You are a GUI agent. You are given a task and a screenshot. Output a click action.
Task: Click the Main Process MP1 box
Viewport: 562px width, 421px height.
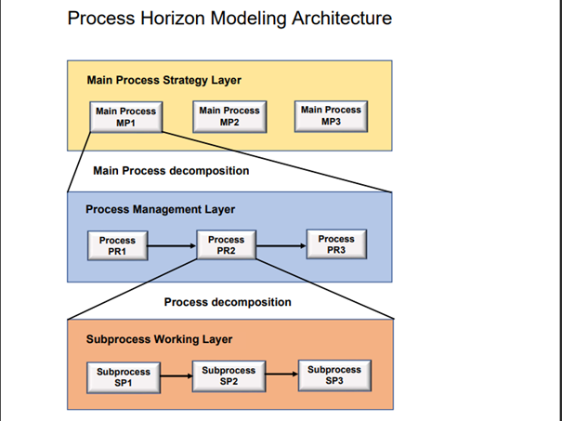[125, 117]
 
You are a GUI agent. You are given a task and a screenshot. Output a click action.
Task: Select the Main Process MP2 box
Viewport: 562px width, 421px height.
[229, 116]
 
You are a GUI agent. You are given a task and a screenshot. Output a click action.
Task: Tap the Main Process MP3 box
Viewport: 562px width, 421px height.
[331, 116]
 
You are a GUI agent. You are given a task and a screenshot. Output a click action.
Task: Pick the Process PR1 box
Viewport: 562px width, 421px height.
[118, 245]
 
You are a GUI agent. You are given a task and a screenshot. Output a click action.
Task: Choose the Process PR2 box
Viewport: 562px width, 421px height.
[227, 244]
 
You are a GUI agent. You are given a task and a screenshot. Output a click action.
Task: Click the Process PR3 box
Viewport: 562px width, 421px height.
[336, 243]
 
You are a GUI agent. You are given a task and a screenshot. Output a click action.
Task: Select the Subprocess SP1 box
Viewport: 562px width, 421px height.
[124, 377]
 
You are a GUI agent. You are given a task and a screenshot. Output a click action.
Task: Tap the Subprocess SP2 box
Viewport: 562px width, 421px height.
[229, 376]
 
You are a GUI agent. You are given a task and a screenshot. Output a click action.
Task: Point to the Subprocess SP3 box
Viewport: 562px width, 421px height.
[334, 375]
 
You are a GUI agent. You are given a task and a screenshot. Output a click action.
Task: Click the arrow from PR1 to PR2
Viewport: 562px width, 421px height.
[172, 246]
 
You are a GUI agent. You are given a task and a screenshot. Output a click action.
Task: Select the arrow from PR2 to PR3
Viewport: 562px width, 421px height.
[281, 246]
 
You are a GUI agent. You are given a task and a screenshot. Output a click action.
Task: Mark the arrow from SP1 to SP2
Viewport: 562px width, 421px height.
[176, 376]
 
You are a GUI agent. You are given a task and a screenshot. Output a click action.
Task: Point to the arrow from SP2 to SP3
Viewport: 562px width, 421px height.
[282, 374]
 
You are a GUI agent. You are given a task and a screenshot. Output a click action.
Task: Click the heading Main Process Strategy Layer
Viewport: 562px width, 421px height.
[163, 80]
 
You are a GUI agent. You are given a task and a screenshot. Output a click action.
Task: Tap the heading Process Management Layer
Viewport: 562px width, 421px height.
[160, 209]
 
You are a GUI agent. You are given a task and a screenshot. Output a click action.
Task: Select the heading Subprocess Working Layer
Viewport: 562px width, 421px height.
[159, 339]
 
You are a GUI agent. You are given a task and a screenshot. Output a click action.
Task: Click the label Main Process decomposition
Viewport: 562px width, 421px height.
[171, 171]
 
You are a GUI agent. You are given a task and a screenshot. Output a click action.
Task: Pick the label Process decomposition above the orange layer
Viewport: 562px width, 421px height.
[228, 302]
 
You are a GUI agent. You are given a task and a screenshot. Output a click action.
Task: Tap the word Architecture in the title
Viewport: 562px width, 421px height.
[342, 18]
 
